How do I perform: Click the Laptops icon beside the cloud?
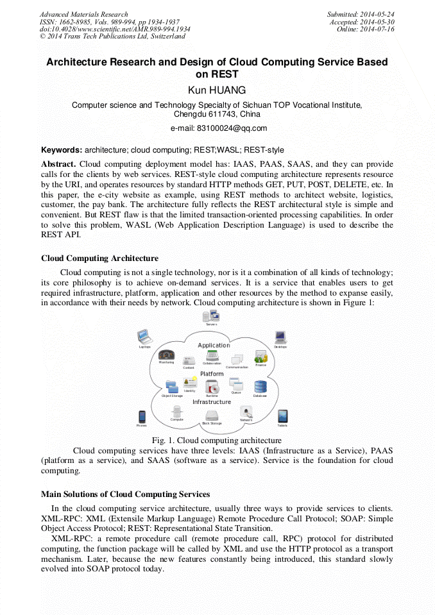click(144, 337)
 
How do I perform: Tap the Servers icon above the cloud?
click(211, 316)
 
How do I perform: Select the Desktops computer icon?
click(280, 337)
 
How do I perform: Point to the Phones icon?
click(142, 417)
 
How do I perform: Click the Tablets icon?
click(282, 416)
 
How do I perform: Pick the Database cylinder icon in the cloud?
click(260, 387)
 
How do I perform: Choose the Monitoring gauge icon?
click(166, 355)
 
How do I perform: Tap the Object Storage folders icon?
click(171, 386)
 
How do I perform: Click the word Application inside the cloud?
click(214, 345)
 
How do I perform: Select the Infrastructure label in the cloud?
click(212, 402)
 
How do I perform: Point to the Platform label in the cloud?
click(212, 373)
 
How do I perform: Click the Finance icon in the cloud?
click(260, 357)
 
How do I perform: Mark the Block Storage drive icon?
click(212, 415)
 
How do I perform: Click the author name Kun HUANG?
click(217, 90)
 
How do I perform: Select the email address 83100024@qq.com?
click(217, 128)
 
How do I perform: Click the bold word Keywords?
click(62, 150)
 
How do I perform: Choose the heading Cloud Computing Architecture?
click(99, 258)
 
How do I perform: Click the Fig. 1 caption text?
click(217, 441)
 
